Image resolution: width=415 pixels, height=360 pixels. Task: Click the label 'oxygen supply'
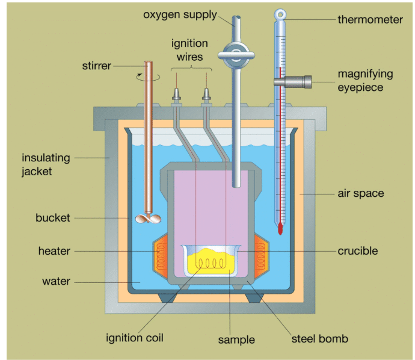coord(179,14)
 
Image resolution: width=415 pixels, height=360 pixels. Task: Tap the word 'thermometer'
coord(370,20)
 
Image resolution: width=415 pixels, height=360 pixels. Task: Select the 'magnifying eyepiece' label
coord(365,81)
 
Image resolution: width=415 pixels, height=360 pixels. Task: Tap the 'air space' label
coord(360,194)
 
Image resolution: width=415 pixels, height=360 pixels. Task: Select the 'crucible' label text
coord(358,251)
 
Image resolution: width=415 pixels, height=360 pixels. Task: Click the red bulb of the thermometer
coord(280,229)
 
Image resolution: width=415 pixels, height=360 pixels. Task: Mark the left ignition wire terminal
coord(178,95)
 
